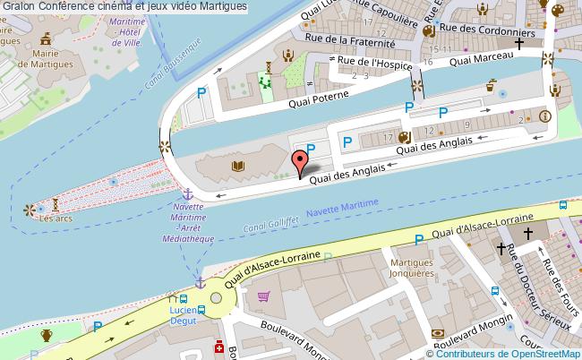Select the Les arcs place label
pos(55,218)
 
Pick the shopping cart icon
pos(263,296)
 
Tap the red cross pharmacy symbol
pos(217,347)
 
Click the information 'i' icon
pos(545,116)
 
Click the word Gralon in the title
pos(19,6)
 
